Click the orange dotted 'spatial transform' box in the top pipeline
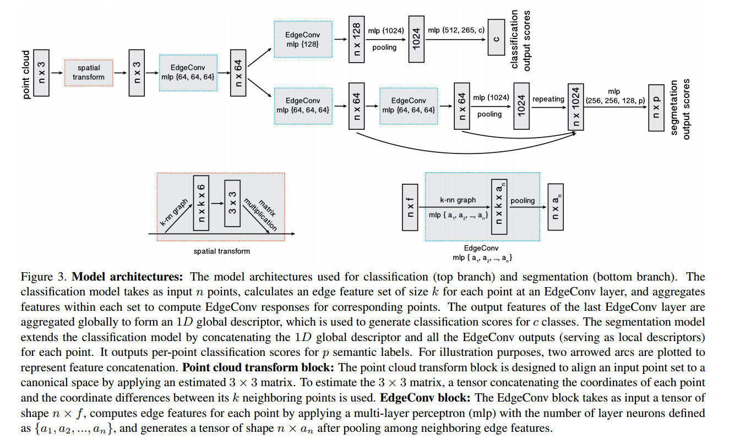[89, 73]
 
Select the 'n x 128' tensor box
[356, 39]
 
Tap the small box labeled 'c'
[496, 37]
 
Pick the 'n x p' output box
[656, 108]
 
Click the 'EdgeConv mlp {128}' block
[303, 39]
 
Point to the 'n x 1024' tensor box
[575, 107]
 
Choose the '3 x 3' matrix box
[232, 204]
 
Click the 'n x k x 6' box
[201, 203]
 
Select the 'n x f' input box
[410, 207]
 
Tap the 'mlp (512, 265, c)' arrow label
[456, 30]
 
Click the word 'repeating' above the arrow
[548, 99]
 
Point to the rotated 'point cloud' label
[26, 75]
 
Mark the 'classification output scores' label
[520, 40]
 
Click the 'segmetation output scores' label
[680, 109]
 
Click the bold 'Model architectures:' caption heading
[127, 276]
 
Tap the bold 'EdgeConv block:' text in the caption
[425, 398]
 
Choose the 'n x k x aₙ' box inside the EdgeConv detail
[499, 207]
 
